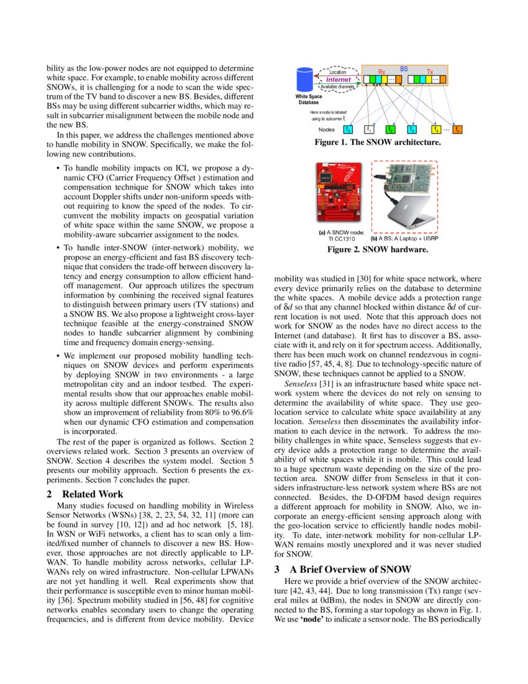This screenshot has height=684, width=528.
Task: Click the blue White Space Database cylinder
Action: click(305, 80)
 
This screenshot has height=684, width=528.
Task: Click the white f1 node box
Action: click(368, 129)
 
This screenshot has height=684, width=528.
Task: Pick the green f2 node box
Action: click(390, 129)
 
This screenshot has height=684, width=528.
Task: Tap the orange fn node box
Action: click(457, 129)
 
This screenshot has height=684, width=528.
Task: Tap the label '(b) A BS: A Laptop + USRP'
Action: click(404, 238)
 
